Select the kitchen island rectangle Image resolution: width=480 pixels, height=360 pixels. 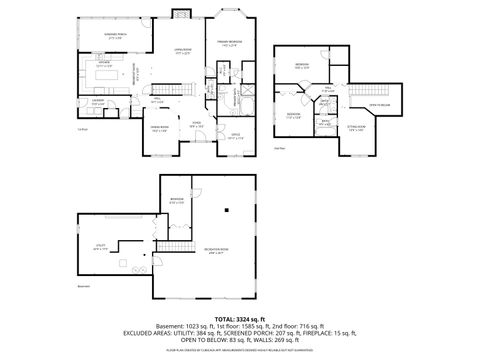coord(118,73)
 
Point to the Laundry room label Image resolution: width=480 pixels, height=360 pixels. coord(98,101)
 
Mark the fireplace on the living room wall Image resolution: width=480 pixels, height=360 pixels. coord(181,13)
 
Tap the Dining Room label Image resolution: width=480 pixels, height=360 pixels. coord(160,130)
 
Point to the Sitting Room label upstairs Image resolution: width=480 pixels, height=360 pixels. coord(356,128)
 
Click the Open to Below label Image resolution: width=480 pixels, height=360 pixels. coord(379,104)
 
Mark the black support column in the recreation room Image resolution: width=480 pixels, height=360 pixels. coord(228,209)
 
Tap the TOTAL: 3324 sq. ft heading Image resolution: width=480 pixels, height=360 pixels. coord(239,317)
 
